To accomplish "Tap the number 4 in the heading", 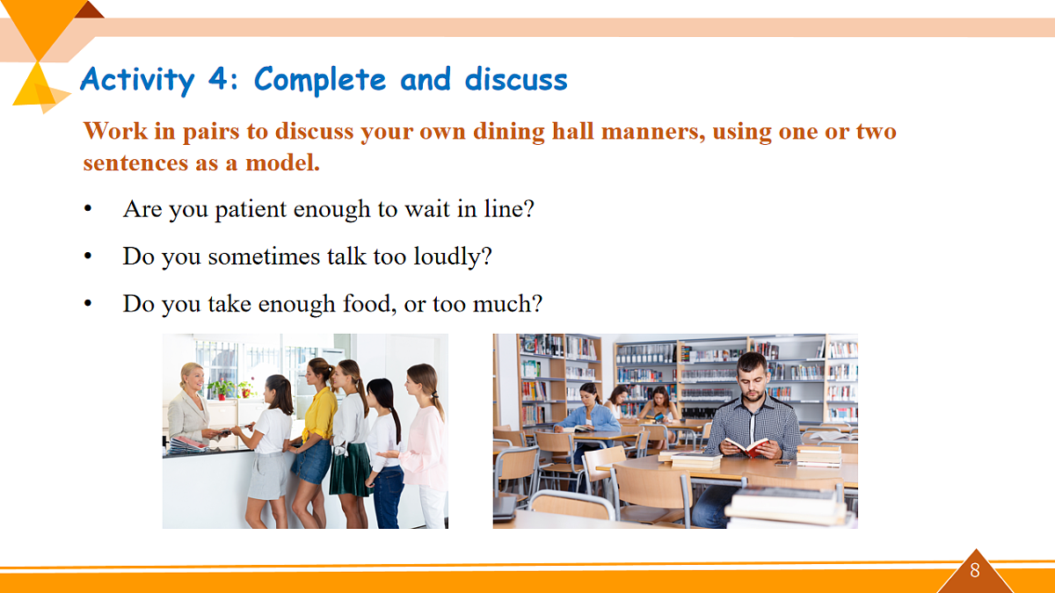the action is pyautogui.click(x=218, y=78).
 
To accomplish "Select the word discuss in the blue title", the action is pyautogui.click(x=516, y=79).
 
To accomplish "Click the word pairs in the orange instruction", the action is pyautogui.click(x=211, y=132).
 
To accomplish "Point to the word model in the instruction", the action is pyautogui.click(x=282, y=163).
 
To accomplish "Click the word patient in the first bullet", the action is pyautogui.click(x=251, y=209).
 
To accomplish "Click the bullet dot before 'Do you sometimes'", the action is pyautogui.click(x=88, y=256).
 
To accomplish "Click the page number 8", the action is pyautogui.click(x=975, y=570).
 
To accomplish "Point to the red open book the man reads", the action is pyautogui.click(x=746, y=446).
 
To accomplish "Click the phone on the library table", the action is pyautogui.click(x=782, y=463).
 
